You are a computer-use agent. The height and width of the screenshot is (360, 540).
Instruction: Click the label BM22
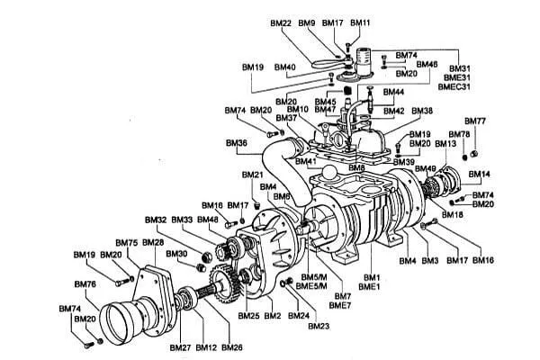pyautogui.click(x=281, y=22)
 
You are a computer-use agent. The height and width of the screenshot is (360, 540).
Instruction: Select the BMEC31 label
pyautogui.click(x=454, y=87)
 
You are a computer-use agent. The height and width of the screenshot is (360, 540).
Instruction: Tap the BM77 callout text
pyautogui.click(x=475, y=121)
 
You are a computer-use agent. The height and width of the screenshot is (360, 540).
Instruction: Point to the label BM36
pyautogui.click(x=236, y=143)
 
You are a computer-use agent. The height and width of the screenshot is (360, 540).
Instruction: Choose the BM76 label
pyautogui.click(x=85, y=284)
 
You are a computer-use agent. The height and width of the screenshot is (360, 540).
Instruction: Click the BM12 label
pyautogui.click(x=206, y=347)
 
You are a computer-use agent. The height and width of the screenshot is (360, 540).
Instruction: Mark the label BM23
pyautogui.click(x=319, y=326)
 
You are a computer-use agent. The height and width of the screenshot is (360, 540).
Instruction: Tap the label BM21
pyautogui.click(x=253, y=175)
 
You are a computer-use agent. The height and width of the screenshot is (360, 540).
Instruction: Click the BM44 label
pyautogui.click(x=393, y=93)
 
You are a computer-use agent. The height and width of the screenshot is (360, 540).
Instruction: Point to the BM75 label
pyautogui.click(x=127, y=243)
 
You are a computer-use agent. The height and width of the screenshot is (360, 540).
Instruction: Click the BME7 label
pyautogui.click(x=342, y=306)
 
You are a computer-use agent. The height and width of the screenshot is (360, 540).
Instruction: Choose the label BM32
pyautogui.click(x=155, y=220)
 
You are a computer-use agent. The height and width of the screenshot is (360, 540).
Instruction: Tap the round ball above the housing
pyautogui.click(x=330, y=172)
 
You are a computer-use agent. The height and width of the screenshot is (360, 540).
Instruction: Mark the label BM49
pyautogui.click(x=426, y=169)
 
